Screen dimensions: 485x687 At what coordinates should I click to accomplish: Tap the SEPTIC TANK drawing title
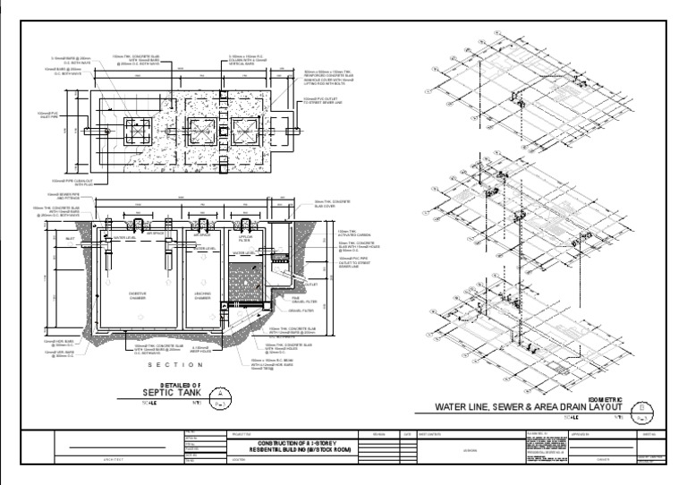(174, 392)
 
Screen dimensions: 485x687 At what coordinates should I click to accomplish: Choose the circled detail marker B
(647, 412)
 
